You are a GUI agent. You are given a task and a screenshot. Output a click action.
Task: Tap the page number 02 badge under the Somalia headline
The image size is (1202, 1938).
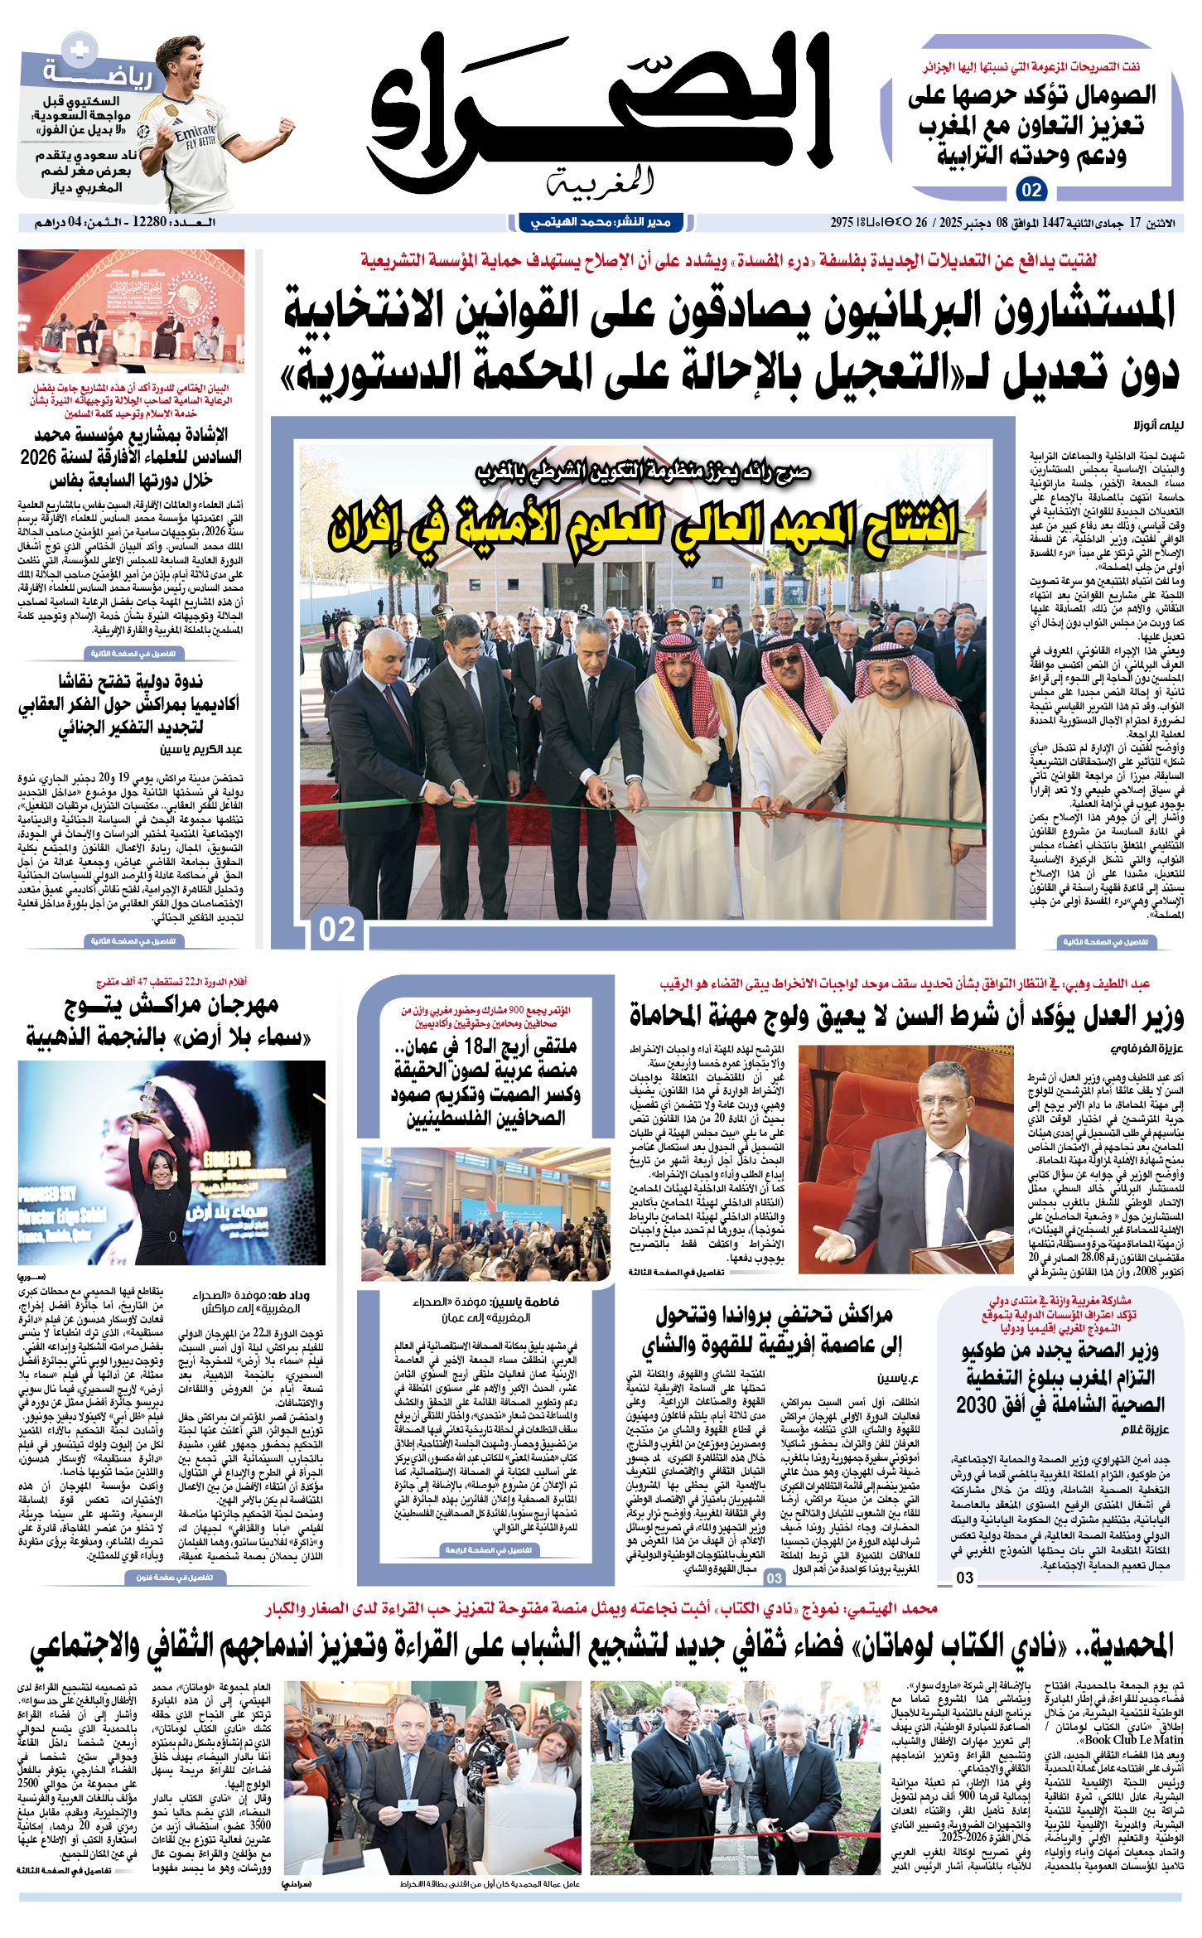[x=1031, y=190]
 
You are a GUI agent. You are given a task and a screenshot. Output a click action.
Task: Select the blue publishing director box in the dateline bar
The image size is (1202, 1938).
[x=601, y=222]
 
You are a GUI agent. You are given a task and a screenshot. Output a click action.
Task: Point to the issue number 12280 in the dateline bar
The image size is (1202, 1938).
[x=150, y=222]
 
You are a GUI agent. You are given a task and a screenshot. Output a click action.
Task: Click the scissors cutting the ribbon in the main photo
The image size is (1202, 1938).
[x=607, y=796]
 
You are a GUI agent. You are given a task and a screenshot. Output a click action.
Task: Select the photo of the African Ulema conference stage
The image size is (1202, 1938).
[x=131, y=311]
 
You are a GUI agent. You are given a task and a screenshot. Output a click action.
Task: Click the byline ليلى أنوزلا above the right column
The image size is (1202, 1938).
[x=1159, y=425]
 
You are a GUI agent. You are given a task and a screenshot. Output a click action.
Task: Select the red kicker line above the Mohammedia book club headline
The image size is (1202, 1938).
[x=601, y=1609]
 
